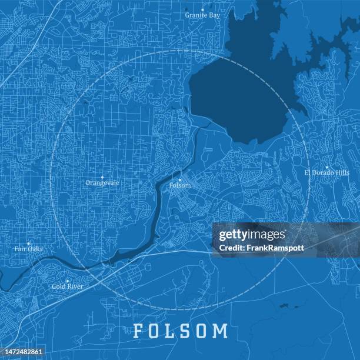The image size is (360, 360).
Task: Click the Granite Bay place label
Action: coord(202,15)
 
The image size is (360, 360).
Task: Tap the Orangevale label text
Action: coord(102,183)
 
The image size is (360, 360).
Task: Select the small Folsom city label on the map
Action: coord(180,185)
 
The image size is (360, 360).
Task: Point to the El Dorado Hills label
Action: coord(326,173)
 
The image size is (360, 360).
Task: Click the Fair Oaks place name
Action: coord(28,249)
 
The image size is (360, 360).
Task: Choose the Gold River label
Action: coord(67,287)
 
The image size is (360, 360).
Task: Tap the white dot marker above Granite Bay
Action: coord(202,9)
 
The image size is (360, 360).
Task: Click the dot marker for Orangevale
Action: coord(102,176)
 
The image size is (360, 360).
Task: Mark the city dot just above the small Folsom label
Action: coord(180,179)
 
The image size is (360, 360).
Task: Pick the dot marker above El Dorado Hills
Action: coord(326,167)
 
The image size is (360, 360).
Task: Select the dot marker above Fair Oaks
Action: coord(28,243)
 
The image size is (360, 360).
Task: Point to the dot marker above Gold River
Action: coord(67,281)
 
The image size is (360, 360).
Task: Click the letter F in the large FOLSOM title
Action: coord(138,331)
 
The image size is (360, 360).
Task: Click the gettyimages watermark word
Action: coord(252,235)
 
